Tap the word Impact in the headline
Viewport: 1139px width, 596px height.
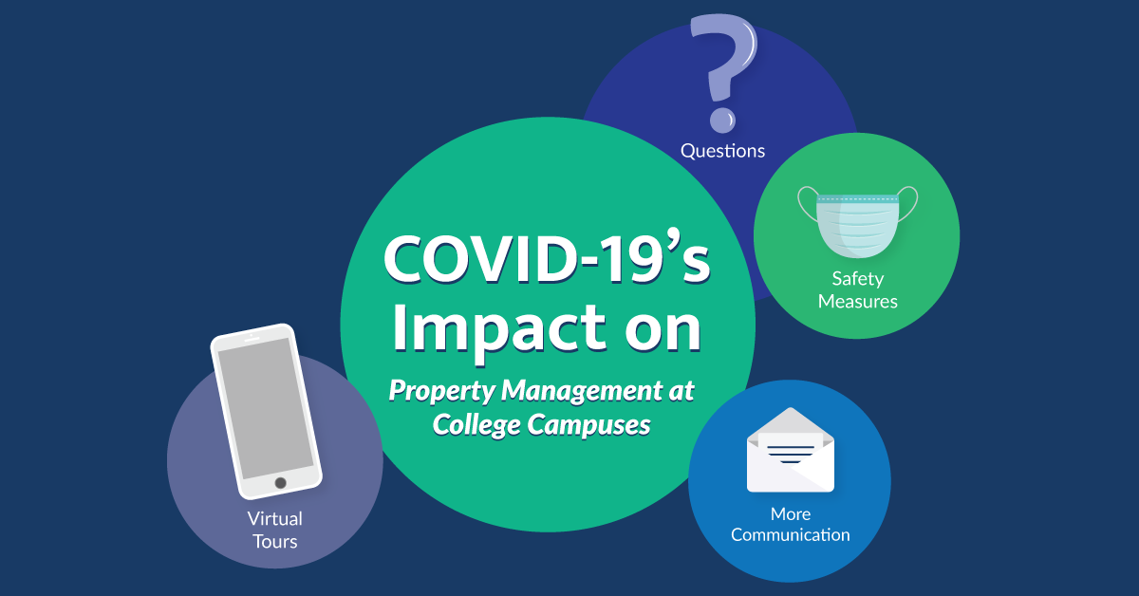(x=499, y=328)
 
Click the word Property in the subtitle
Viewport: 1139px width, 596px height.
(x=442, y=392)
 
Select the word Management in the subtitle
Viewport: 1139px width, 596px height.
(x=578, y=391)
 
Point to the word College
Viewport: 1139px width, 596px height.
(x=476, y=425)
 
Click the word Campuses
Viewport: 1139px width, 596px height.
(x=588, y=425)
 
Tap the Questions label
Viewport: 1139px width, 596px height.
(x=722, y=151)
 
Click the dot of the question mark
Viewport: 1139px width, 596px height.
(x=722, y=121)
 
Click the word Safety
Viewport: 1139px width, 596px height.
(x=858, y=279)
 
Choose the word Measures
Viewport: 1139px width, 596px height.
(x=858, y=302)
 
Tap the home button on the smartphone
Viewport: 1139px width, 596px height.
(x=280, y=483)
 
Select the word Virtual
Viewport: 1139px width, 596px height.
(x=274, y=519)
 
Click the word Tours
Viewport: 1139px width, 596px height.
(x=274, y=542)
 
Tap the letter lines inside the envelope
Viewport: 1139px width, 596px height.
(x=790, y=454)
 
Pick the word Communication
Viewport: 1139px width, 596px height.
(x=790, y=535)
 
